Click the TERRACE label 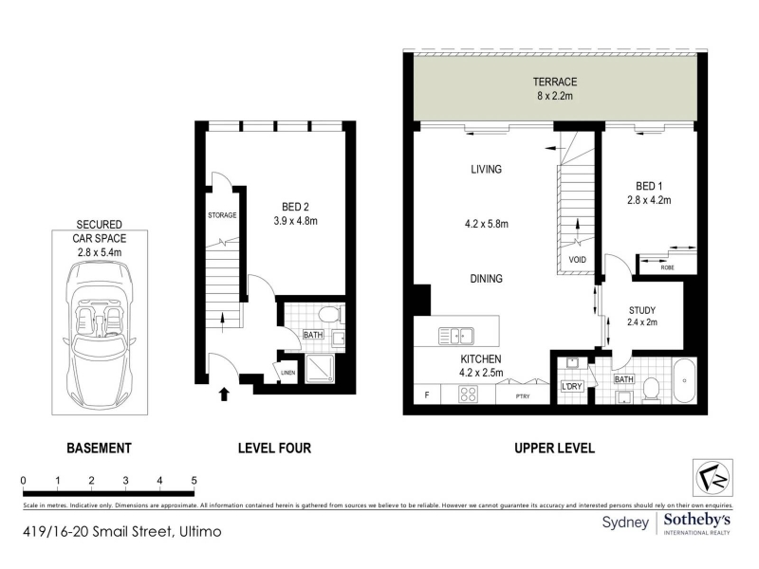pyautogui.click(x=555, y=82)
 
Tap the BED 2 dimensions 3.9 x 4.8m pyautogui.click(x=295, y=221)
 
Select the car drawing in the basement pyautogui.click(x=100, y=335)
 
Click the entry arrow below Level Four pyautogui.click(x=224, y=394)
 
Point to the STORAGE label pyautogui.click(x=222, y=215)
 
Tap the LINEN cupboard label pyautogui.click(x=288, y=373)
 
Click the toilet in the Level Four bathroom pyautogui.click(x=331, y=315)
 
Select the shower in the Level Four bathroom pyautogui.click(x=320, y=369)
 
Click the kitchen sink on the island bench pyautogui.click(x=455, y=336)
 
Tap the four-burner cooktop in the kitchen pyautogui.click(x=468, y=394)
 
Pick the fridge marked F pyautogui.click(x=427, y=395)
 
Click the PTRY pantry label pyautogui.click(x=523, y=396)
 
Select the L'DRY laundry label pyautogui.click(x=572, y=387)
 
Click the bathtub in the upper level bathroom pyautogui.click(x=684, y=380)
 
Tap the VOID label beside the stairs pyautogui.click(x=577, y=260)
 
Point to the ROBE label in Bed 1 pyautogui.click(x=668, y=267)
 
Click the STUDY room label pyautogui.click(x=642, y=310)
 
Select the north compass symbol pyautogui.click(x=713, y=478)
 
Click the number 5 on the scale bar pyautogui.click(x=194, y=481)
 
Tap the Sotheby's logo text pyautogui.click(x=696, y=521)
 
